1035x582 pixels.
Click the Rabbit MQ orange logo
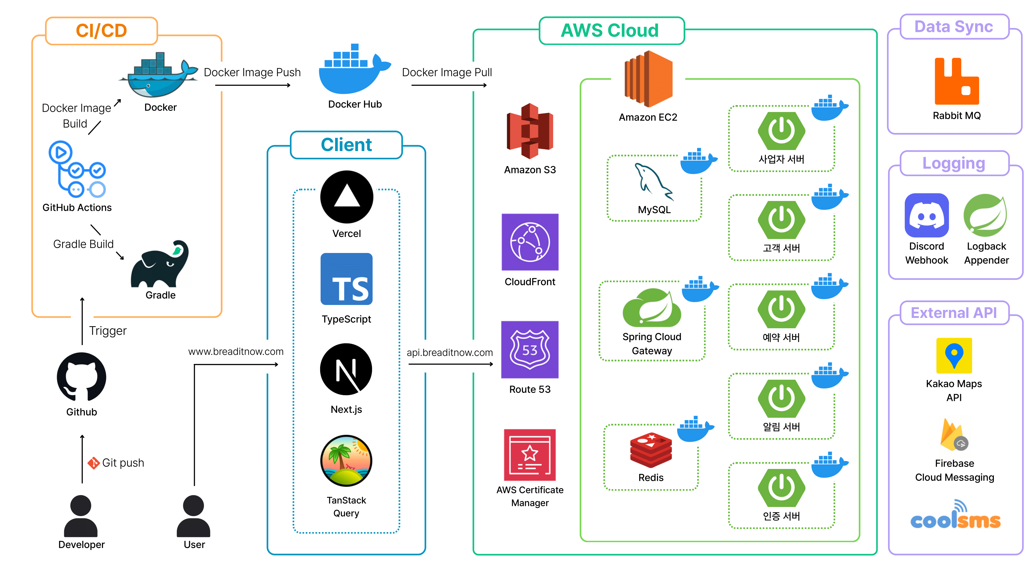pyautogui.click(x=956, y=81)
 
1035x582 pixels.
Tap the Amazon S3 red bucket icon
pyautogui.click(x=530, y=131)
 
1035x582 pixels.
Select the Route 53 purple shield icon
pyautogui.click(x=530, y=349)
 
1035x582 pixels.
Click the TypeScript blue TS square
pyautogui.click(x=346, y=279)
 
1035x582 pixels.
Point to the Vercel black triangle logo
pyautogui.click(x=346, y=197)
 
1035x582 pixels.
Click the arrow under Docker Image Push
pyautogui.click(x=252, y=85)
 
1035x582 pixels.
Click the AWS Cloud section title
pyautogui.click(x=610, y=31)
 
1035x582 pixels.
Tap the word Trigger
pyautogui.click(x=108, y=331)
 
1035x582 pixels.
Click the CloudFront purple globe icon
pyautogui.click(x=530, y=242)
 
